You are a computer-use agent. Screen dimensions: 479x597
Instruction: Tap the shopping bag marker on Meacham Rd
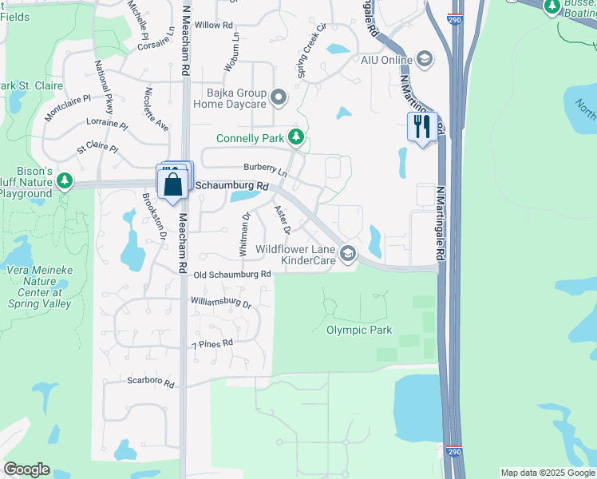pos(173,184)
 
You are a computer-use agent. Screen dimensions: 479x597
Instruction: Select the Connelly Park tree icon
pos(296,138)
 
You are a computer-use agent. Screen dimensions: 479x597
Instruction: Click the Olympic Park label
pos(359,330)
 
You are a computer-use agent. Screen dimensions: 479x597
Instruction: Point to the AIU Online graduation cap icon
pos(425,59)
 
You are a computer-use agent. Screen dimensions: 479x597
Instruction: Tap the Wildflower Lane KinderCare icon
pos(347,255)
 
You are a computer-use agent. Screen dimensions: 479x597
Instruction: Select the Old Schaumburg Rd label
pos(232,274)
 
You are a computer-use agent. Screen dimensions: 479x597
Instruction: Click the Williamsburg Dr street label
pos(221,303)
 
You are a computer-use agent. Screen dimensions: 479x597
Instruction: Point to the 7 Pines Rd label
pos(212,344)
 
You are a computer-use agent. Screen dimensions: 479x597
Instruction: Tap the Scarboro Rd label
pos(150,382)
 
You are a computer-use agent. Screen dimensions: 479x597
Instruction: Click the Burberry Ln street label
pos(266,169)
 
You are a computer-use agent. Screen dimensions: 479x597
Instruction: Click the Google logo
pos(26,469)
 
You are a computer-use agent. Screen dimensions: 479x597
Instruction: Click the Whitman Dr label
pos(244,234)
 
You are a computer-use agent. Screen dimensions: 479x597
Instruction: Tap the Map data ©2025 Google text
pos(547,473)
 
